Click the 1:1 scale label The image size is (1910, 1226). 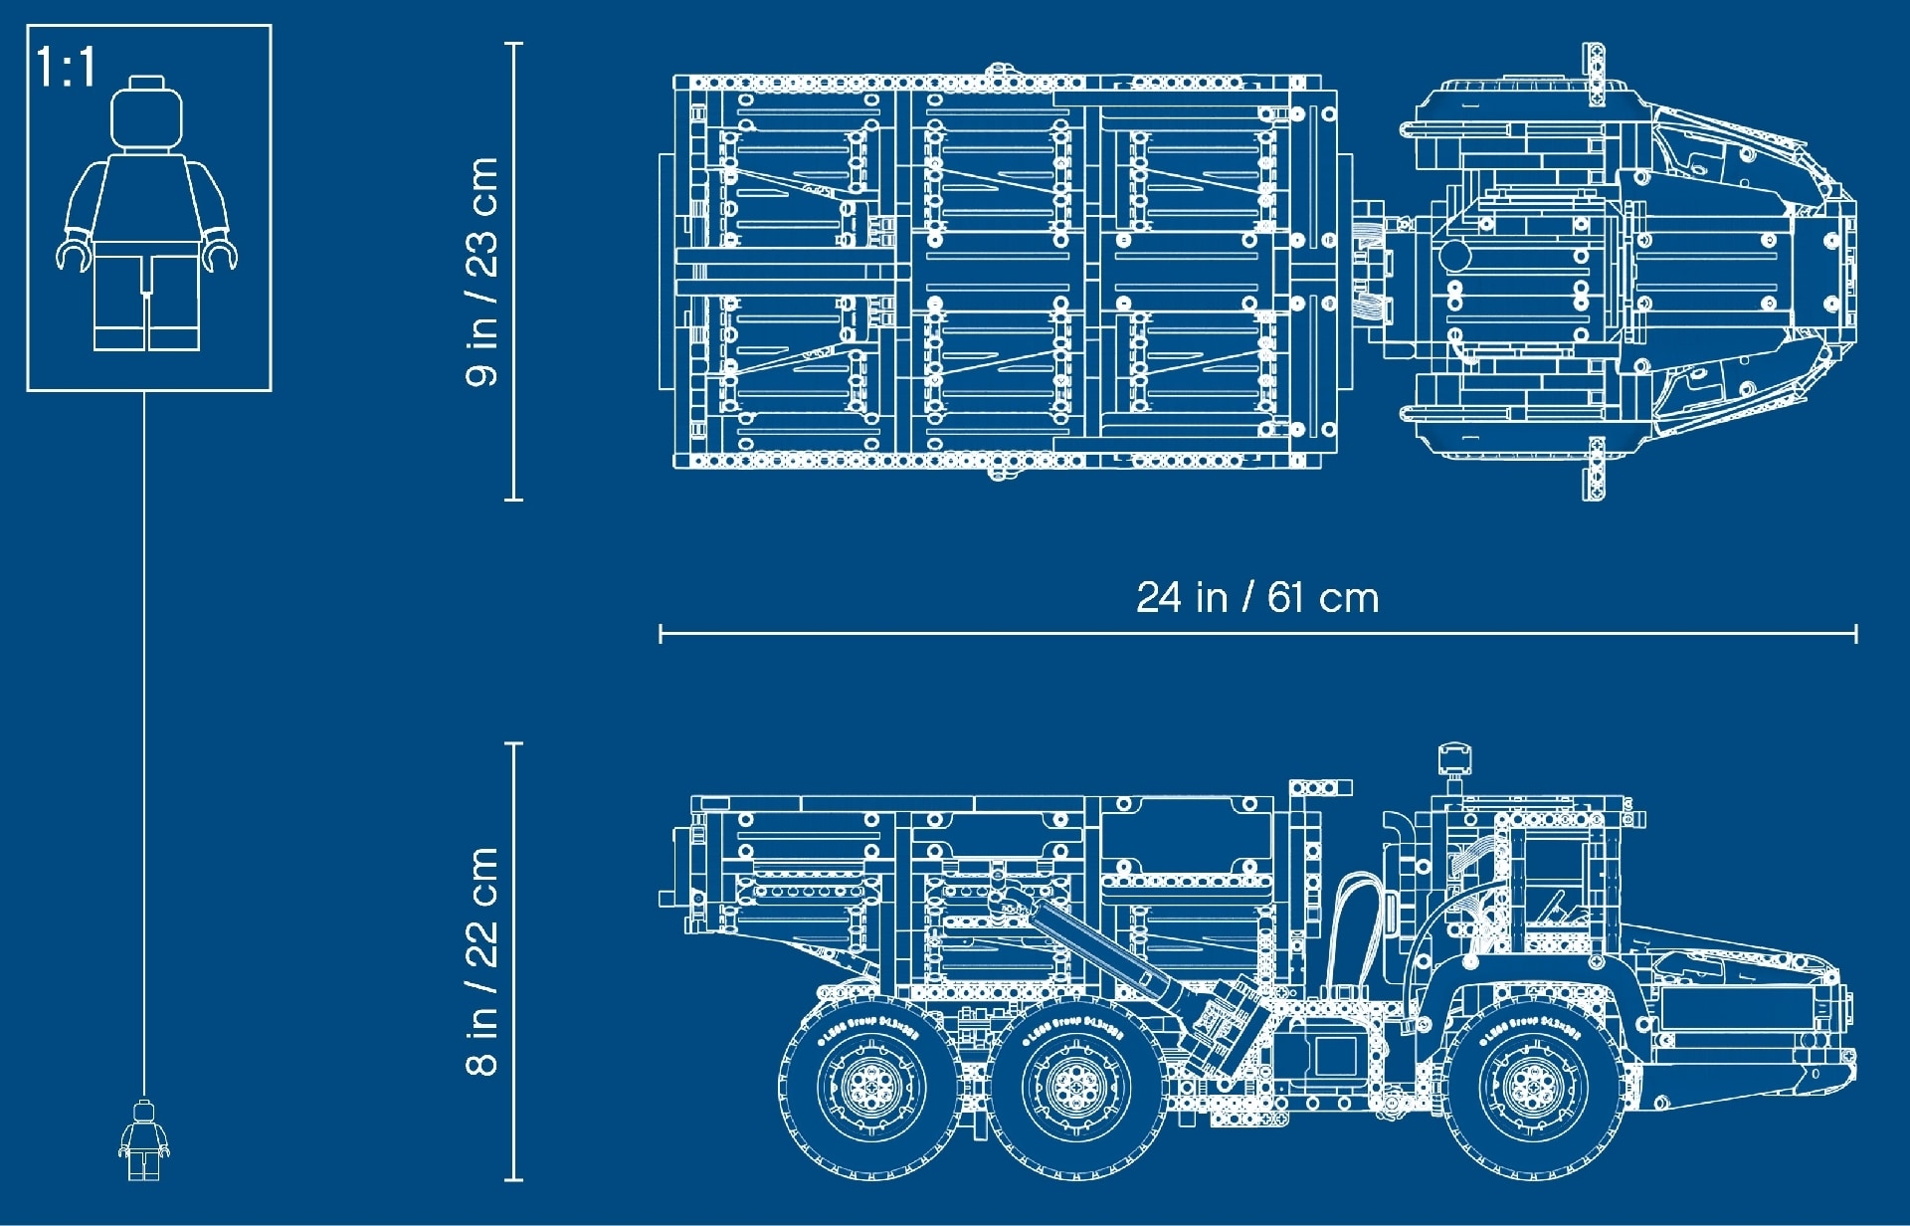[66, 68]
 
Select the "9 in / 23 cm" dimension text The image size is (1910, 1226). [482, 271]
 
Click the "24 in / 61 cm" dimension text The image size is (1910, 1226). [1257, 598]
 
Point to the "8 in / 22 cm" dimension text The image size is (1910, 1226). [482, 961]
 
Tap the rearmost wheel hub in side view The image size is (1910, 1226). [870, 1087]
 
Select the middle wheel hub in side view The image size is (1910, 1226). [1075, 1087]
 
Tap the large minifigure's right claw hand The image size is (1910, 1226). [220, 254]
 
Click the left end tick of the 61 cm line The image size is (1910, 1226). [661, 633]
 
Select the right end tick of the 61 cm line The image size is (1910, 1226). [1855, 633]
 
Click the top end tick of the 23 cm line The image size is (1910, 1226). [514, 45]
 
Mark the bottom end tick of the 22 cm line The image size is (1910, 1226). [514, 1179]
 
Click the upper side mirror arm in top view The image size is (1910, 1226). [1593, 74]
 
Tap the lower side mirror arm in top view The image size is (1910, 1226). [1594, 468]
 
